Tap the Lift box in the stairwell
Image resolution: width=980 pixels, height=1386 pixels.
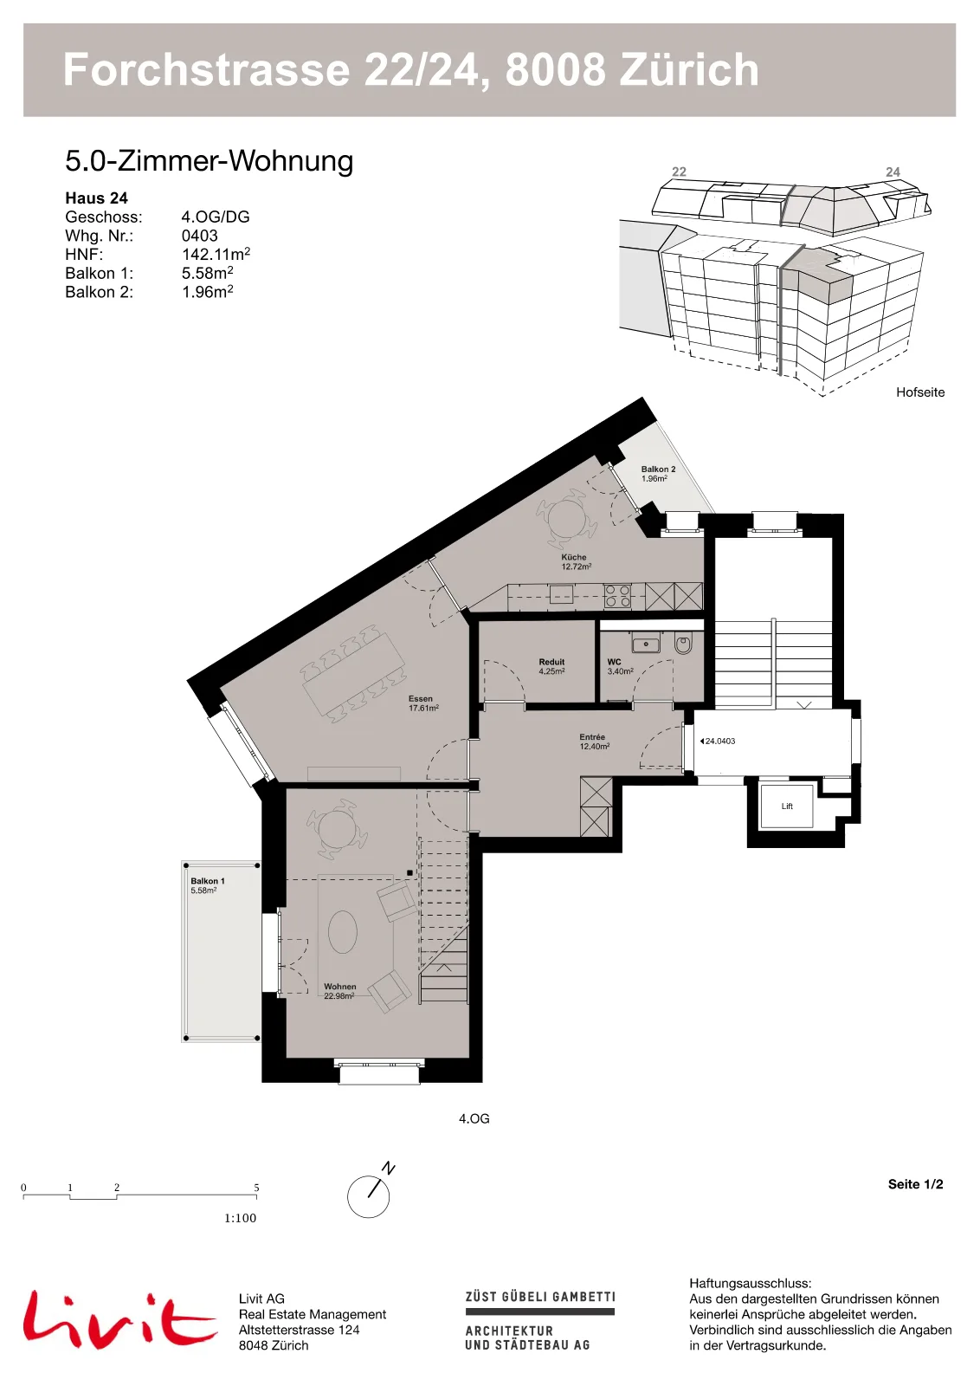click(x=786, y=806)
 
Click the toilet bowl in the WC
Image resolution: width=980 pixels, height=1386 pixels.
click(x=683, y=645)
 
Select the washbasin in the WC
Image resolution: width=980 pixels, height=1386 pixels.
click(x=646, y=644)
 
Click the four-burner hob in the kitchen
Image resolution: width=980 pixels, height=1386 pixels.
click(x=617, y=596)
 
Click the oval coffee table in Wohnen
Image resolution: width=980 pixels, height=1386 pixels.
click(x=342, y=933)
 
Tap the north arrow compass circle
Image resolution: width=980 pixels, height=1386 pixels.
click(x=369, y=1196)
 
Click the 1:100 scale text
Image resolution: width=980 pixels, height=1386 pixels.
click(x=240, y=1218)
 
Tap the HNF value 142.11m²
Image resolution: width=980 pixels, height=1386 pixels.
click(x=216, y=255)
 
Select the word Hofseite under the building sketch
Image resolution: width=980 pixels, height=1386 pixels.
click(x=920, y=392)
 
